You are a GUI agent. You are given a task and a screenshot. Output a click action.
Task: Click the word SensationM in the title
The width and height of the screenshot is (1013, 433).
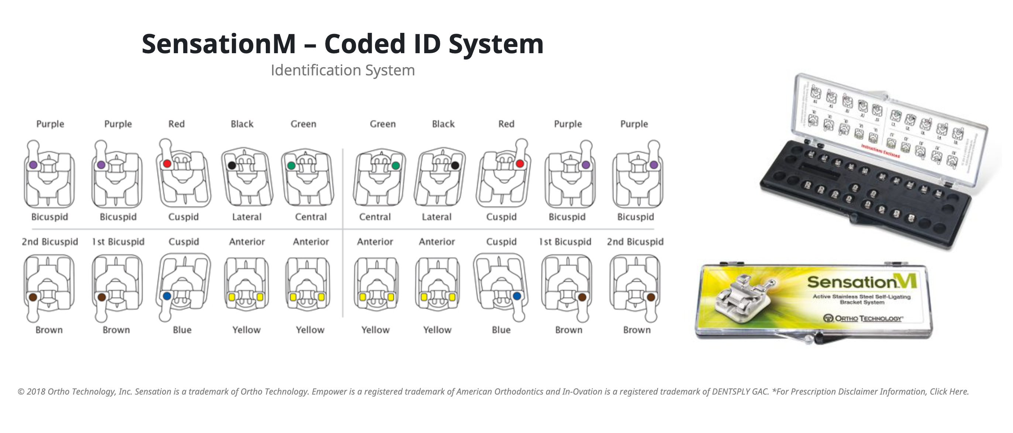coord(218,44)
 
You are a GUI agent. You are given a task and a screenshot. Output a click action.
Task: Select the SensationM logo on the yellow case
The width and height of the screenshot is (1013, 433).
coord(862,282)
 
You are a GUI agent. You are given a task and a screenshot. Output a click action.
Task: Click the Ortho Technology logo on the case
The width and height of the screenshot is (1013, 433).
coord(863,318)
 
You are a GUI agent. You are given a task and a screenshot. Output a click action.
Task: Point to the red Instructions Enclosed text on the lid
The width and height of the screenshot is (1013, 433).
coord(880,151)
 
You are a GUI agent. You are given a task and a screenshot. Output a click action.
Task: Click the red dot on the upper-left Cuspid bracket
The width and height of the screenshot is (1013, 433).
coord(167,164)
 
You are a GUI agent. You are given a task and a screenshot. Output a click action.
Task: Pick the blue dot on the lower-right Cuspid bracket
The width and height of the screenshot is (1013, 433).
coord(517,296)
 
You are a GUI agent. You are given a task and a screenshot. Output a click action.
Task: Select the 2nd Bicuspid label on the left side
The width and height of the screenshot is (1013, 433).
coord(50,242)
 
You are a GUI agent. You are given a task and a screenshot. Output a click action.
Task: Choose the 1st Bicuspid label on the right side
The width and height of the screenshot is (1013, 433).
coord(565,242)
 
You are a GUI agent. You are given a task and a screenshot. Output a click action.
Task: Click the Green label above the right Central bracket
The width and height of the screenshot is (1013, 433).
coord(382,124)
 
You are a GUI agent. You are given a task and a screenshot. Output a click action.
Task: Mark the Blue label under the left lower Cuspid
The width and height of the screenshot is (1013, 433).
coord(182,330)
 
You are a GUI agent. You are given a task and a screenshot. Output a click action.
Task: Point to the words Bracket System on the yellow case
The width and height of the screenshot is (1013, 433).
coord(862,302)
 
